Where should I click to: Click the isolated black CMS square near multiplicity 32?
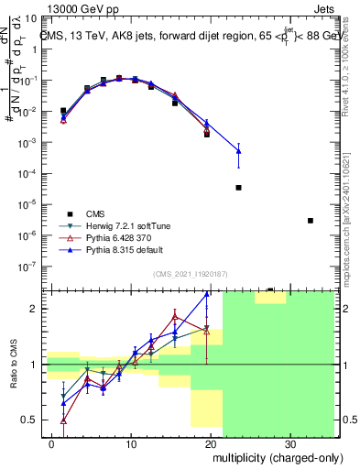click(311, 221)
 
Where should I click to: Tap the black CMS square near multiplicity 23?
click(238, 188)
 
